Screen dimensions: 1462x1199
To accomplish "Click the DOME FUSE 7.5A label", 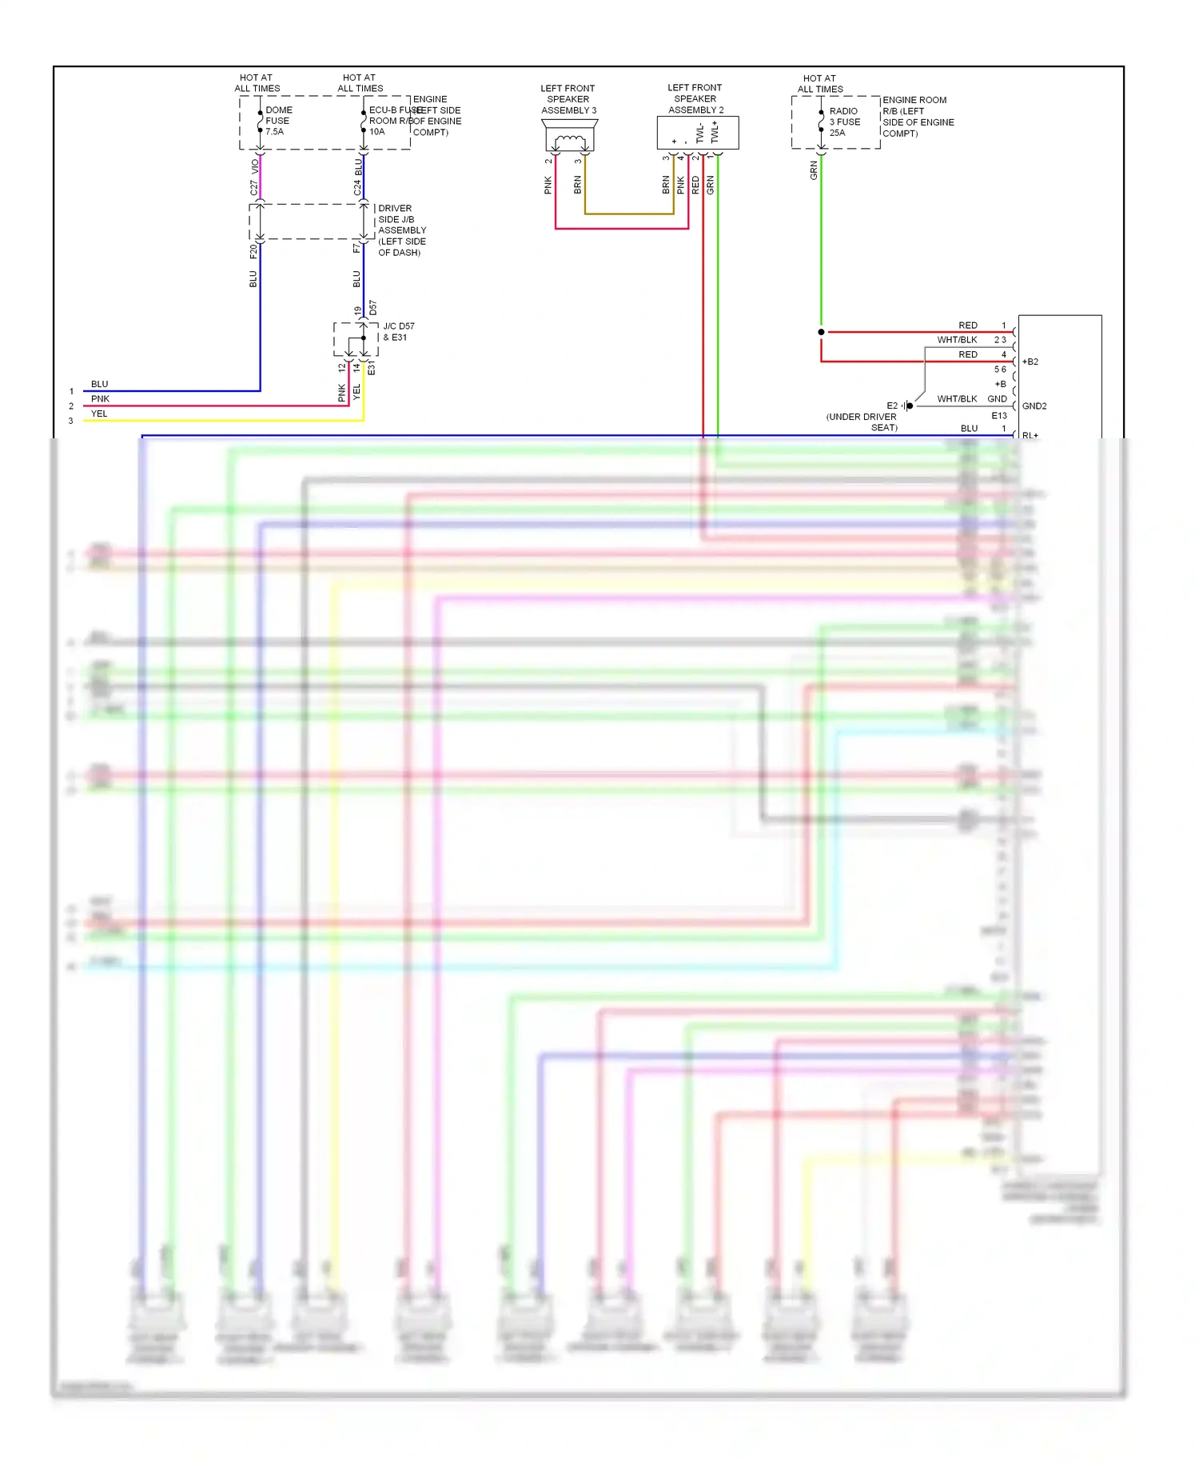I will [278, 121].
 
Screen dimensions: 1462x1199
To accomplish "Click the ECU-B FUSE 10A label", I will [388, 121].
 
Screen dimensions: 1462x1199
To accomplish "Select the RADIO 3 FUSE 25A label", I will [844, 122].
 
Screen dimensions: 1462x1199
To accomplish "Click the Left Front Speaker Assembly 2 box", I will [697, 133].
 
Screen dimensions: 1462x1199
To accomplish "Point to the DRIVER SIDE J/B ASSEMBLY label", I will [401, 230].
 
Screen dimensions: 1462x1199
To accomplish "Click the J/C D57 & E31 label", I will [398, 332].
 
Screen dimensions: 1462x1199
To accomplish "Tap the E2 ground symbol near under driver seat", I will [908, 405].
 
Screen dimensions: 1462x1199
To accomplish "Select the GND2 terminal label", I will [1034, 406].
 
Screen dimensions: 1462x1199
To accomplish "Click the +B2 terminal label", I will [1030, 362].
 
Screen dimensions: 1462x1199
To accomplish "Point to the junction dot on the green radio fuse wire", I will [821, 332].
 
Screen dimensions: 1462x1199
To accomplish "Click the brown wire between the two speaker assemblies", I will [628, 214].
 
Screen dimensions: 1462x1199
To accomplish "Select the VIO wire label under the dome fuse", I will [255, 166].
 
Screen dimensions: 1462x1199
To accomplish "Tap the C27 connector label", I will [254, 188].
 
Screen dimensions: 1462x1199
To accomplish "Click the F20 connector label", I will [253, 251].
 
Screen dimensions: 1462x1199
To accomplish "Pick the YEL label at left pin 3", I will [99, 413].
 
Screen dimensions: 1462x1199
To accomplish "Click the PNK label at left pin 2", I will [100, 399].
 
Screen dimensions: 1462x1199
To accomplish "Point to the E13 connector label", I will [999, 416].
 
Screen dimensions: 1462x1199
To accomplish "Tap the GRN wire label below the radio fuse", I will [814, 170].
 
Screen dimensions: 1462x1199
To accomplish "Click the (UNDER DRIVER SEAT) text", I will [862, 422].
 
